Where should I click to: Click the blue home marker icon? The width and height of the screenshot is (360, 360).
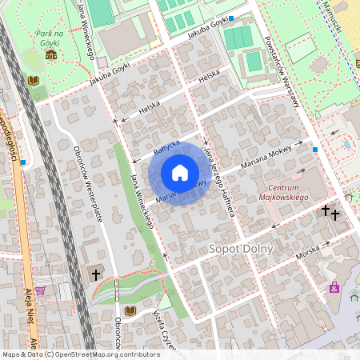pyautogui.click(x=180, y=173)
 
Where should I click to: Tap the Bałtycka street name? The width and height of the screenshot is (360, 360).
pyautogui.click(x=166, y=149)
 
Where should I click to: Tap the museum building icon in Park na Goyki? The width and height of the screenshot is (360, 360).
pyautogui.click(x=51, y=54)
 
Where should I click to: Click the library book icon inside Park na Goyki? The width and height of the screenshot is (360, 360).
pyautogui.click(x=34, y=81)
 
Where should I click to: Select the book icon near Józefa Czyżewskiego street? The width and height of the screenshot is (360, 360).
pyautogui.click(x=130, y=310)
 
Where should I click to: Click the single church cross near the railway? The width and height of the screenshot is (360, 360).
pyautogui.click(x=96, y=274)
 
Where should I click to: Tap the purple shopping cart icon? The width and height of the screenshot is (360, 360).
pyautogui.click(x=40, y=290)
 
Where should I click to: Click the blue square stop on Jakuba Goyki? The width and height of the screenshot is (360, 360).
pyautogui.click(x=231, y=18)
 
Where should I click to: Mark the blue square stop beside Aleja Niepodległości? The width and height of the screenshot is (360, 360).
pyautogui.click(x=23, y=162)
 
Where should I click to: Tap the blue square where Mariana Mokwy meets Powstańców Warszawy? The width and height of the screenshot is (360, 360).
pyautogui.click(x=316, y=149)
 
